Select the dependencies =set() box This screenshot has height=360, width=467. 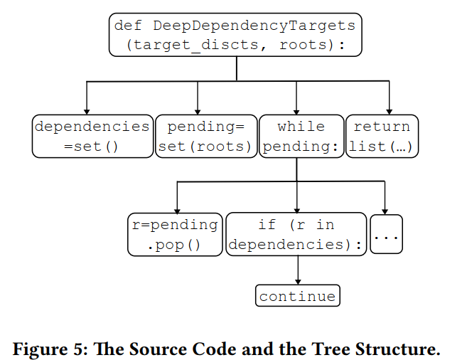coord(92,137)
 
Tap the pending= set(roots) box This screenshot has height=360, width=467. coord(205,137)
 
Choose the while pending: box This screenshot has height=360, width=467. coord(301,137)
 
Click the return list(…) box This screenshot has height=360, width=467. coord(382,137)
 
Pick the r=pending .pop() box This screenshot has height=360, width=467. coord(175,235)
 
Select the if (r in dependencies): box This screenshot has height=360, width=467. coord(296,235)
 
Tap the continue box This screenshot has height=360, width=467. coord(297,296)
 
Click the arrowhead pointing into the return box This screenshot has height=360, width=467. coord(390,110)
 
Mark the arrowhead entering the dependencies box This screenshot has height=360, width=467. coord(87,110)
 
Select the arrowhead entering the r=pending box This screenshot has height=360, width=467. coord(176,208)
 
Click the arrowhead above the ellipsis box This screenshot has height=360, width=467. coord(385,210)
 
